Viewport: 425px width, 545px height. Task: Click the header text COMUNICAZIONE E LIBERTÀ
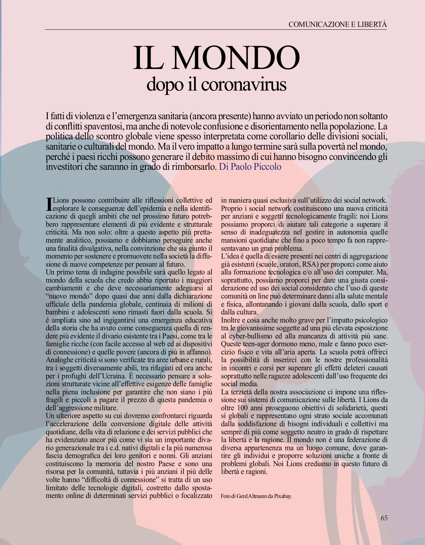click(338, 24)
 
